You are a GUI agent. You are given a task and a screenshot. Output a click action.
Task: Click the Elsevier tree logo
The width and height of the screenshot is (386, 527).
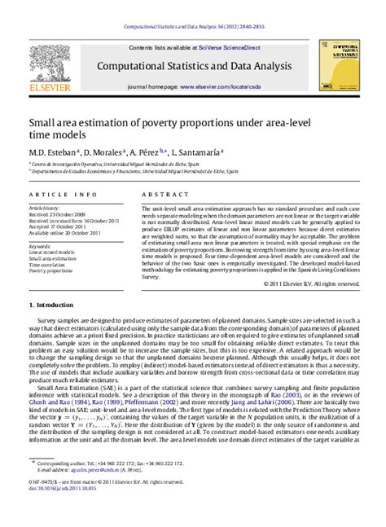coord(47,65)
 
